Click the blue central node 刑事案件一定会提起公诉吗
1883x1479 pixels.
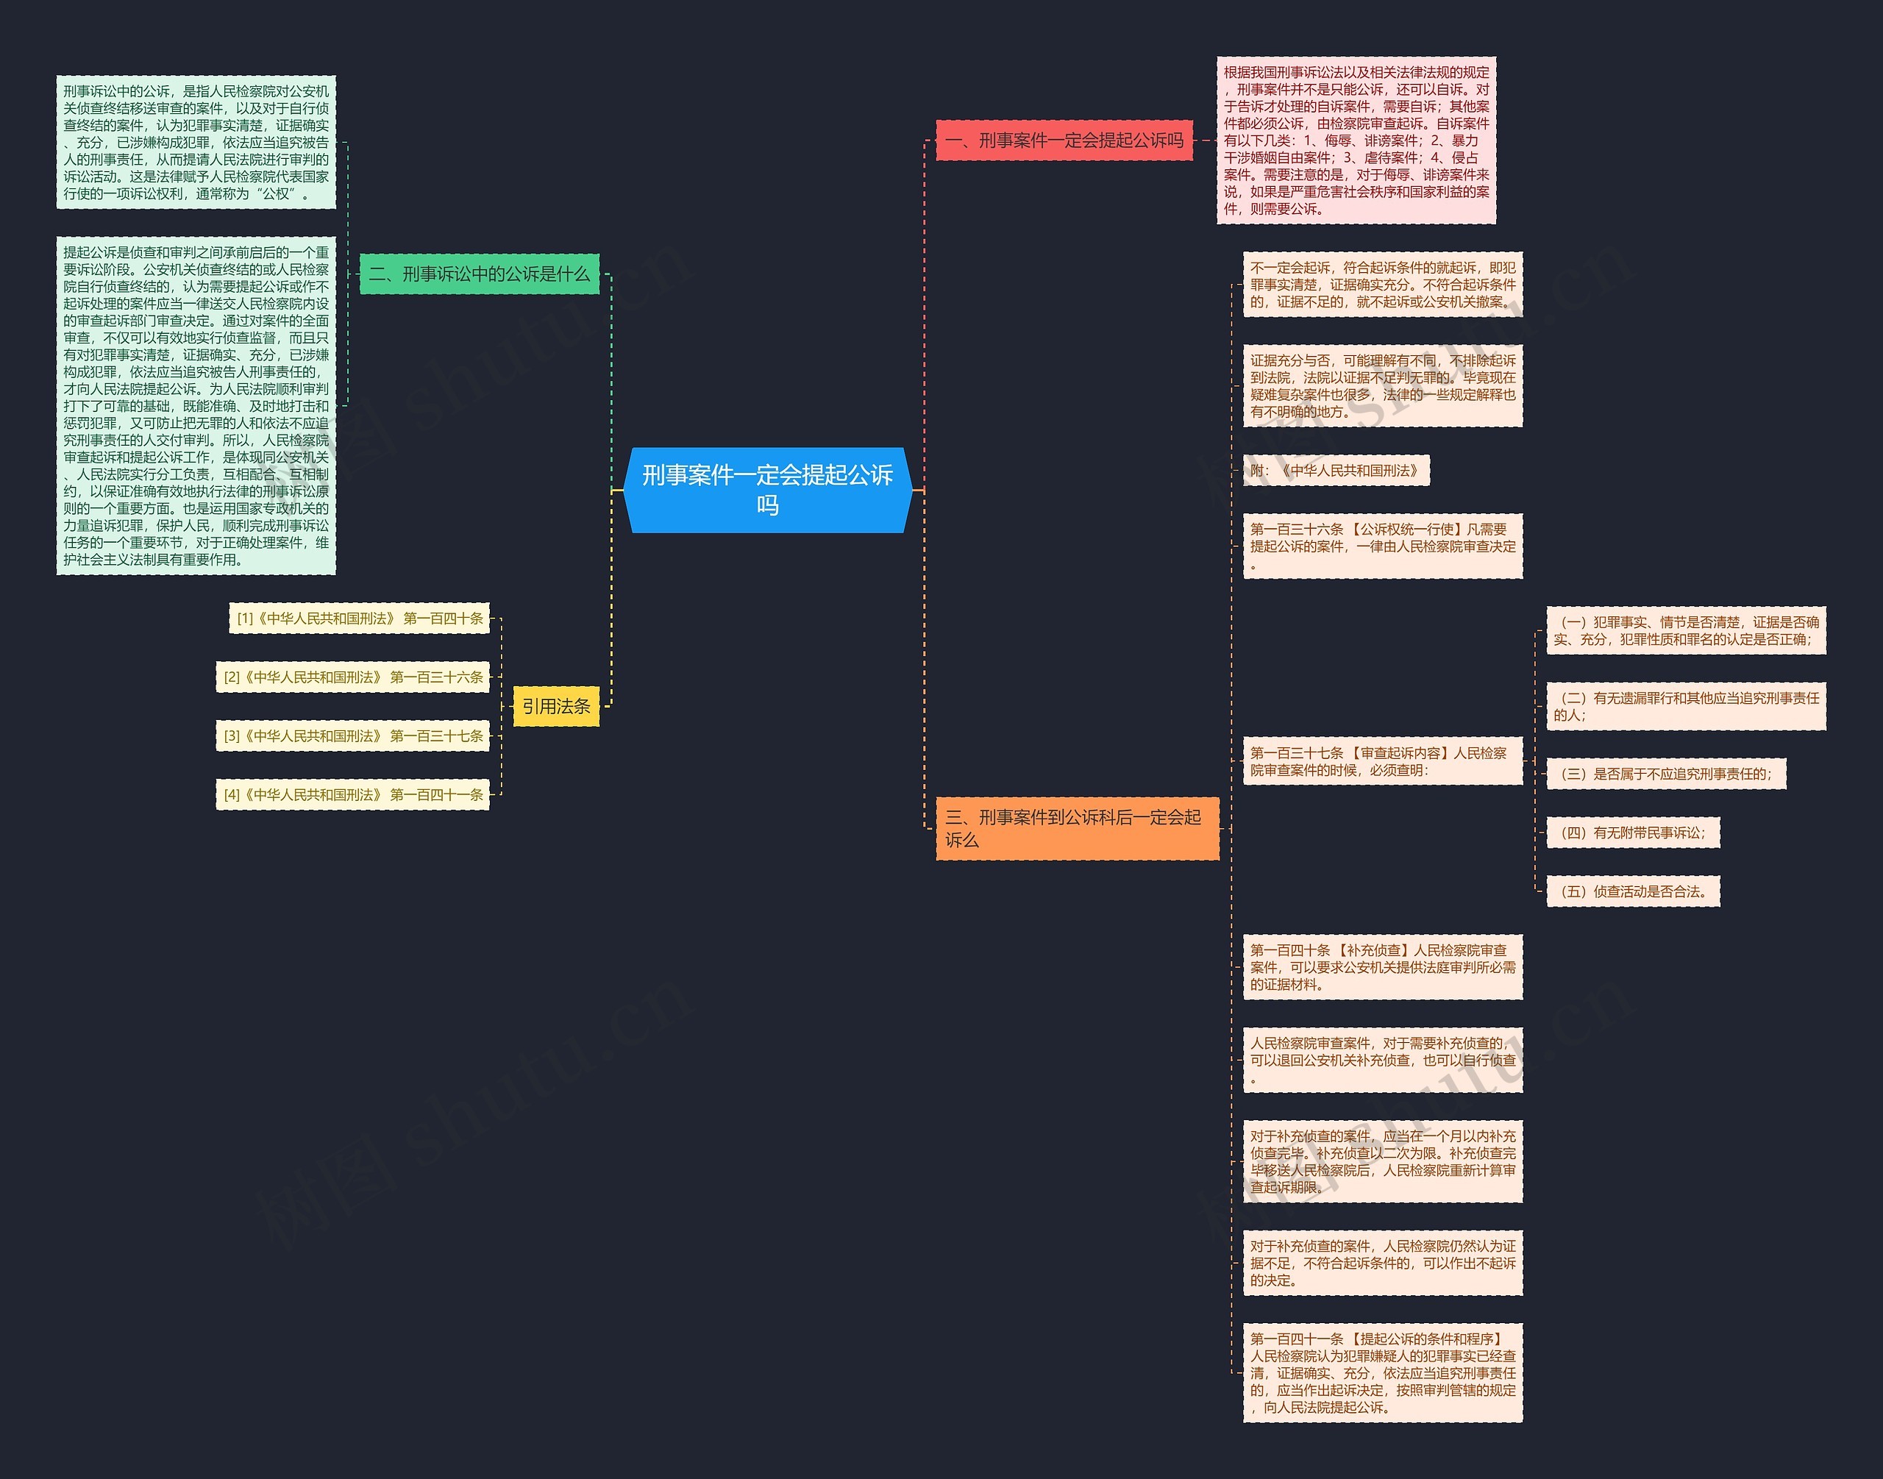point(767,489)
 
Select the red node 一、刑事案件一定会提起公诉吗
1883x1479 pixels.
point(1064,140)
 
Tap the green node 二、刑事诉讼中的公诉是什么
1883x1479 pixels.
point(479,274)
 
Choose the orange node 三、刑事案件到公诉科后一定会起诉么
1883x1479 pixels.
point(1077,828)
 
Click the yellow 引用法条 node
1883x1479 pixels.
point(556,707)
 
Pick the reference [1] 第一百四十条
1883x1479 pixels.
point(360,619)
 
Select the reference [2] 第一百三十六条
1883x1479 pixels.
point(352,677)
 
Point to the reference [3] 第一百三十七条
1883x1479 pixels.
point(352,736)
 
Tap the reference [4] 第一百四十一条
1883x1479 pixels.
point(352,794)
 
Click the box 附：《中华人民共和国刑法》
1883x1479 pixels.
point(1336,470)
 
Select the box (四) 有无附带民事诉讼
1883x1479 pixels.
point(1633,833)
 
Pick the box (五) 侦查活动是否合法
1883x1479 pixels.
point(1633,891)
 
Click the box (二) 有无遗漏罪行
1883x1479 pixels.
point(1686,707)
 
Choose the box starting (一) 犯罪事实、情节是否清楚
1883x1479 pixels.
point(1686,630)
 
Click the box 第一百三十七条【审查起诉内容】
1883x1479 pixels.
point(1382,761)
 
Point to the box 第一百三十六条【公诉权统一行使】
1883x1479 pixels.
point(1382,546)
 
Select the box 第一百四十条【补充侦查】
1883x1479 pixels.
point(1382,967)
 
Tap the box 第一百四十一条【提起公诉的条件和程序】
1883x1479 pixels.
point(1382,1372)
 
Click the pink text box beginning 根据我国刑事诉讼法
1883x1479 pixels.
point(1356,140)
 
